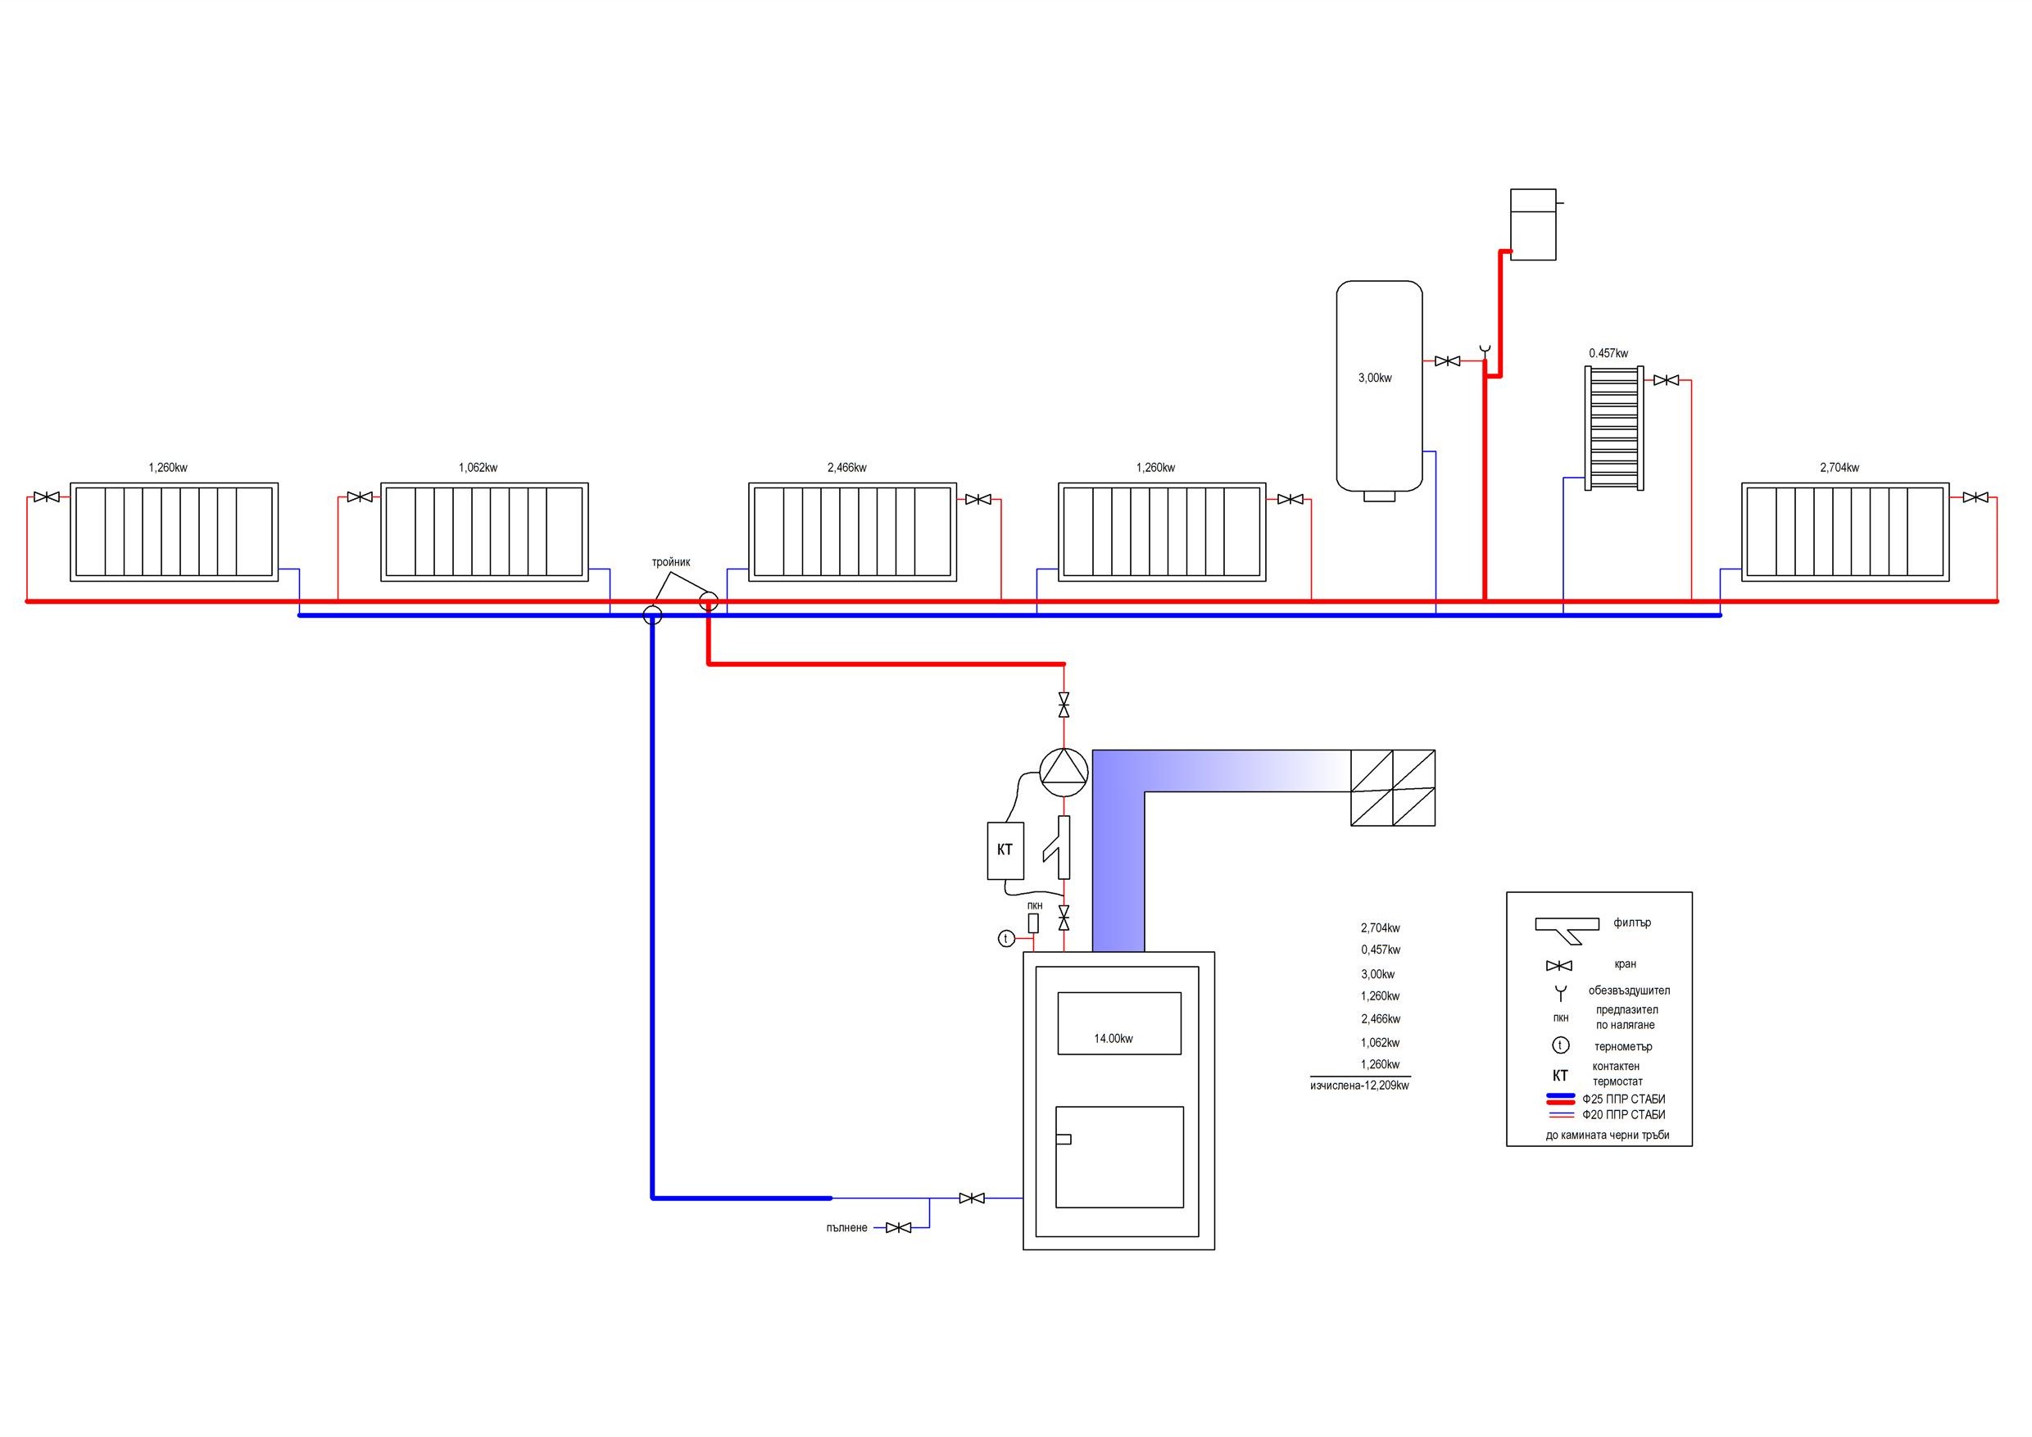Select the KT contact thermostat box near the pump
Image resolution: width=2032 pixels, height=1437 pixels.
pyautogui.click(x=1005, y=850)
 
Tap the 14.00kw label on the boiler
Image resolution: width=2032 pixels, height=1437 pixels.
pyautogui.click(x=1114, y=1039)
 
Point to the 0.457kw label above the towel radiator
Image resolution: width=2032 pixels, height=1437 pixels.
pyautogui.click(x=1608, y=353)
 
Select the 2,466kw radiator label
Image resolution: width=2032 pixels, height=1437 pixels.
pyautogui.click(x=847, y=467)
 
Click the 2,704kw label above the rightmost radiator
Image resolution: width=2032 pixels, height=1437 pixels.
pyautogui.click(x=1839, y=467)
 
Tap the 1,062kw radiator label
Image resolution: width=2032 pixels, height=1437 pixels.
pyautogui.click(x=478, y=467)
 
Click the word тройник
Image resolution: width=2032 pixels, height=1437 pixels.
pyautogui.click(x=671, y=562)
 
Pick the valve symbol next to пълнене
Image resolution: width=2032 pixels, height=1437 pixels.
pyautogui.click(x=898, y=1227)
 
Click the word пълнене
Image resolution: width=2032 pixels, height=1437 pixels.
pyautogui.click(x=847, y=1228)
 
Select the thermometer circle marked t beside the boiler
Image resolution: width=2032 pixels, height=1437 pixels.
pyautogui.click(x=1006, y=939)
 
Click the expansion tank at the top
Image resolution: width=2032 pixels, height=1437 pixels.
pyautogui.click(x=1533, y=224)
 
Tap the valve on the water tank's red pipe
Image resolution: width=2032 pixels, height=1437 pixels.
pyautogui.click(x=1448, y=361)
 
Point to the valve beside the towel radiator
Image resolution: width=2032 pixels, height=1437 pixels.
pyautogui.click(x=1667, y=380)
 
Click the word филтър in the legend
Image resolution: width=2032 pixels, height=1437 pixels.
pyautogui.click(x=1632, y=922)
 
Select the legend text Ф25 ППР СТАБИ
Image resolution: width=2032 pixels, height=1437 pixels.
pyautogui.click(x=1624, y=1099)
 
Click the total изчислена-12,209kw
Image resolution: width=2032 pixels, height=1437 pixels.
pyautogui.click(x=1359, y=1085)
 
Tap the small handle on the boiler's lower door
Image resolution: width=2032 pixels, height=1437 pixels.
pyautogui.click(x=1064, y=1139)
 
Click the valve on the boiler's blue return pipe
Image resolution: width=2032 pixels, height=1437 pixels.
pyautogui.click(x=972, y=1198)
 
